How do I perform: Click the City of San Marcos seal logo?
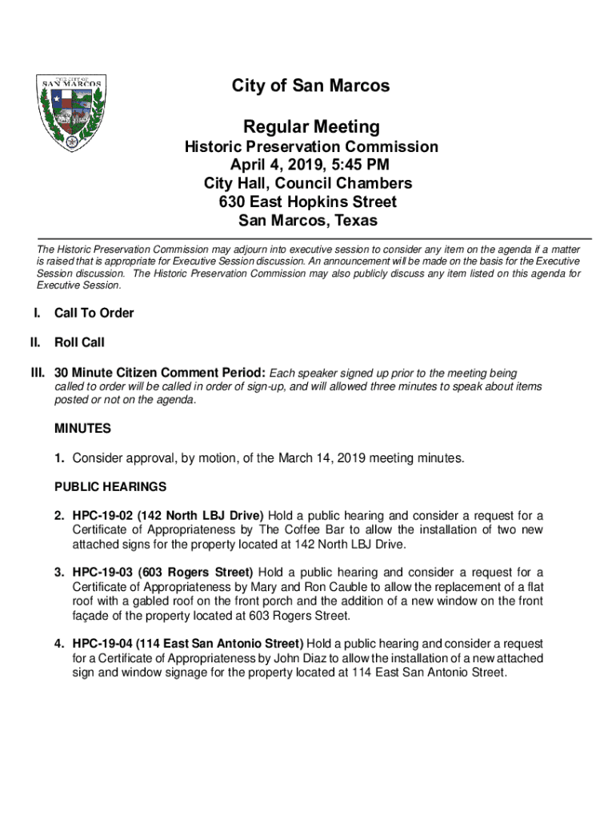[x=73, y=113]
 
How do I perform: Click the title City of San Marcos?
[x=311, y=86]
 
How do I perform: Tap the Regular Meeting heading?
[x=311, y=127]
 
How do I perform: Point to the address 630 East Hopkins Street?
[x=311, y=202]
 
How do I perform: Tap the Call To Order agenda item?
[x=94, y=313]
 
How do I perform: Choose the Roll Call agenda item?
[x=79, y=342]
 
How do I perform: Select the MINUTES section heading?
[x=82, y=429]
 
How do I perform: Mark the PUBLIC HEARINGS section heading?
[x=110, y=486]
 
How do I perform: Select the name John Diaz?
[x=307, y=658]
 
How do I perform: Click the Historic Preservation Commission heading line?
[x=311, y=147]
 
